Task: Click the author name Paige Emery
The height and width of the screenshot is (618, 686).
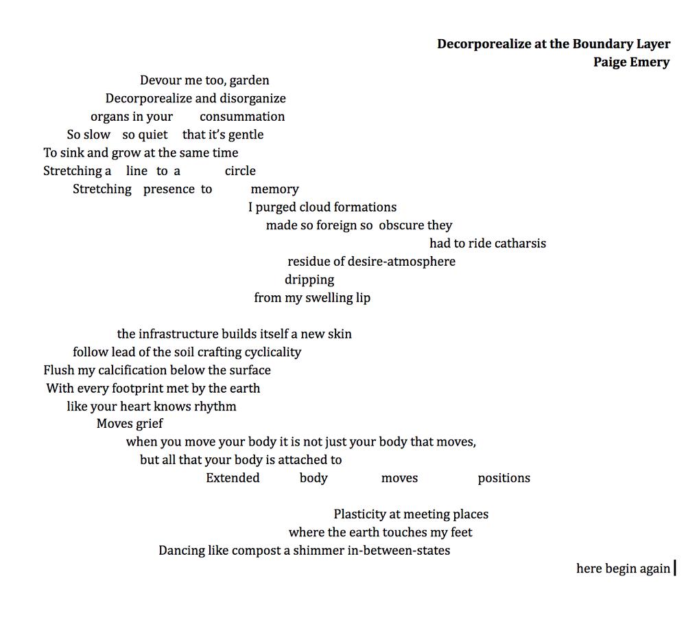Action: (631, 62)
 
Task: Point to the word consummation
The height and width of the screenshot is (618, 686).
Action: (242, 117)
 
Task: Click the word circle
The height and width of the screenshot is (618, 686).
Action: (240, 171)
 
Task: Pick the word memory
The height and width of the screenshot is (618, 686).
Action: (275, 190)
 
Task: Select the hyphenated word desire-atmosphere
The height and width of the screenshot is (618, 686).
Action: (401, 262)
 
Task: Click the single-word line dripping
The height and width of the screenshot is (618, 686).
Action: (309, 280)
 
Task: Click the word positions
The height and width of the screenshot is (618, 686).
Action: (504, 479)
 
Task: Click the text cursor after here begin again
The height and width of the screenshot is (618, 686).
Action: (675, 568)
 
